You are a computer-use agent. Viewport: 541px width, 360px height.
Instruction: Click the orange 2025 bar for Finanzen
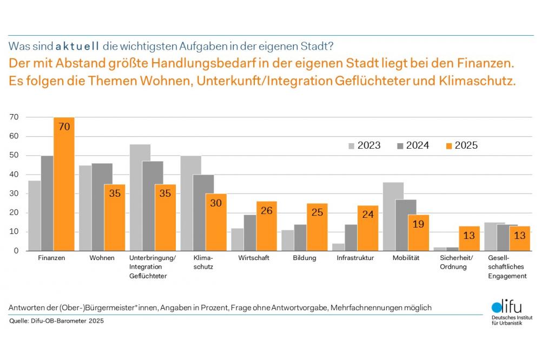click(64, 184)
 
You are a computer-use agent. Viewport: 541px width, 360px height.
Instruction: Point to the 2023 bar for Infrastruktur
click(339, 247)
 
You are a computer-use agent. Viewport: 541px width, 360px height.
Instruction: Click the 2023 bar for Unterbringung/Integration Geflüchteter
click(140, 197)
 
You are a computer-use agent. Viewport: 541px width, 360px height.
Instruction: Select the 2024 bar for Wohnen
click(102, 207)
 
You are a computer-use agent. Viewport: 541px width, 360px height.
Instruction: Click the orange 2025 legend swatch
click(448, 145)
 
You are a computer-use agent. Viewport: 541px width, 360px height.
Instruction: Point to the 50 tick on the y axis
click(15, 156)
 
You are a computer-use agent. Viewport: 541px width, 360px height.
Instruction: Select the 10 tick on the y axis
click(15, 232)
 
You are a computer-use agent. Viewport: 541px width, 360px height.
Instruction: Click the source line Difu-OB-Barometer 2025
click(56, 321)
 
